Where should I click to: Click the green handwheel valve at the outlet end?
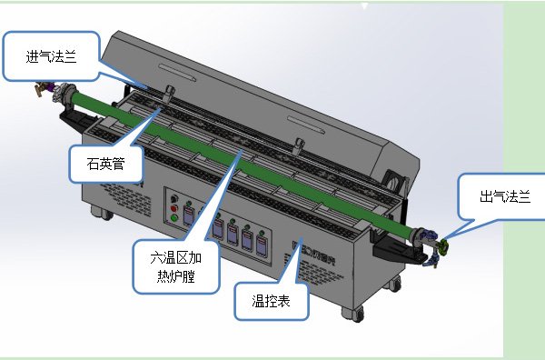[x=444, y=244]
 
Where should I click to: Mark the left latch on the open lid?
[x=170, y=92]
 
